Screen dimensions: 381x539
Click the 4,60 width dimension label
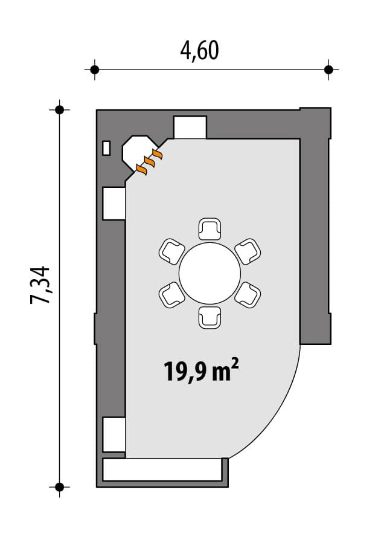[199, 51]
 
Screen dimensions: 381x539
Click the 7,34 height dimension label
[40, 285]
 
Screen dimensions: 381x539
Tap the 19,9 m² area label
[201, 370]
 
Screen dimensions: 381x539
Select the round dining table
[210, 273]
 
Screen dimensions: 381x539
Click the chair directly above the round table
[210, 228]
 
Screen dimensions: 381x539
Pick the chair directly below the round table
[210, 318]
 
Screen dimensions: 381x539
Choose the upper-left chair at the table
[171, 251]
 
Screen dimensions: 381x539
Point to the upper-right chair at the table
[248, 251]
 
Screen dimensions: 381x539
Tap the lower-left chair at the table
[171, 295]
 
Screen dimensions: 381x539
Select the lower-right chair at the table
[248, 295]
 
